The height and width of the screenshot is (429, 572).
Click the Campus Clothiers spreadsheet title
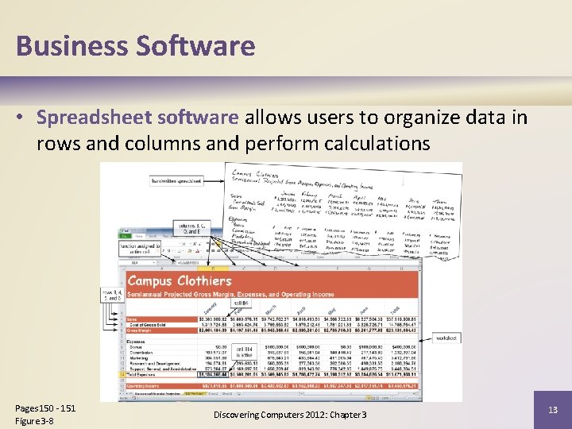180,280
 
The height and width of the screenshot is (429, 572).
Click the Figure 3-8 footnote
37,420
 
